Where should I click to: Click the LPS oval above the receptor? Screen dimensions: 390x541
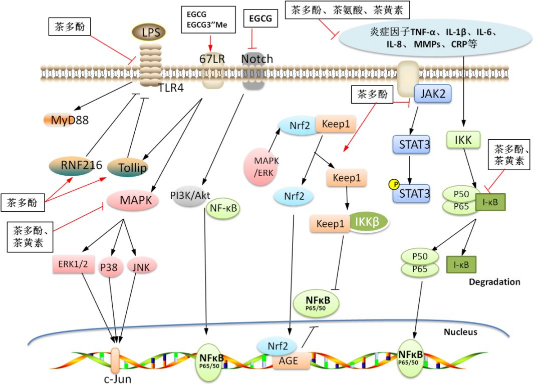point(153,33)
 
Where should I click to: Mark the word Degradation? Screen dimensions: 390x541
point(494,282)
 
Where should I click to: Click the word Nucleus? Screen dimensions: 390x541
point(461,332)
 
